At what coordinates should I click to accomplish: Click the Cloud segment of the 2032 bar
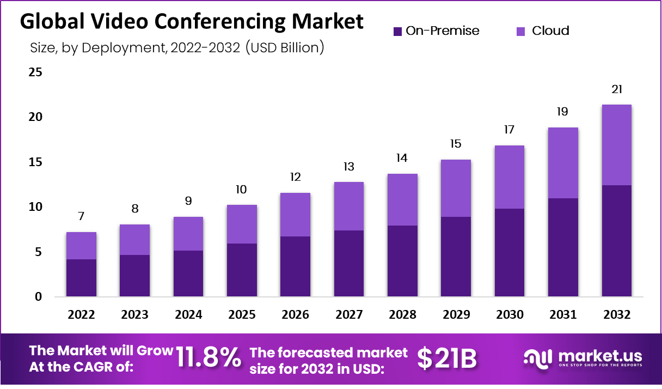click(617, 145)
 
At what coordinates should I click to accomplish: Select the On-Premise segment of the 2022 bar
click(81, 278)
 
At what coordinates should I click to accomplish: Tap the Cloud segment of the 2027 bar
click(349, 206)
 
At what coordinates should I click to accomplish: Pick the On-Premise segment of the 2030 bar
click(510, 253)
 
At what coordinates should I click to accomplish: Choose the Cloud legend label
click(550, 31)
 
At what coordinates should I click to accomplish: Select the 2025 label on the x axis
click(242, 315)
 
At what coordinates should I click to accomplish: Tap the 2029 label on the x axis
click(456, 315)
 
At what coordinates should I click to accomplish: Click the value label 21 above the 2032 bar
click(617, 89)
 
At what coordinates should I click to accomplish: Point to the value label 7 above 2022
click(81, 216)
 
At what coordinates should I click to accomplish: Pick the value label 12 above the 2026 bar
click(296, 177)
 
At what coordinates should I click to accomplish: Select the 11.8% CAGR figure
click(209, 358)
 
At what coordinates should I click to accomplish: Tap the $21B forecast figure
click(446, 358)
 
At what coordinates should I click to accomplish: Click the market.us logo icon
click(538, 358)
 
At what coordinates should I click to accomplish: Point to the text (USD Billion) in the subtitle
click(285, 48)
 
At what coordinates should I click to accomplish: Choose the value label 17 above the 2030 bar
click(510, 130)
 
